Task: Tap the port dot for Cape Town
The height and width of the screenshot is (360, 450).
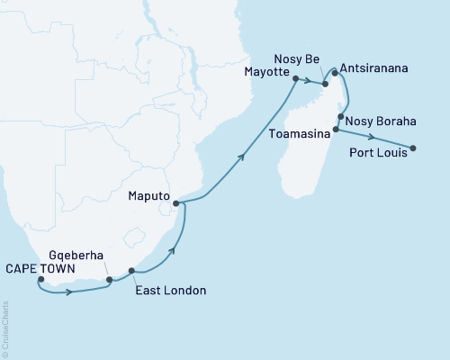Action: pos(40,280)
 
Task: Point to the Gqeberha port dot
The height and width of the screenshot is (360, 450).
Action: pos(110,280)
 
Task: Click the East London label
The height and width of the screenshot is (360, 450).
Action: pos(170,290)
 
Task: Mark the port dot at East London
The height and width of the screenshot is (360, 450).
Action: pos(132,271)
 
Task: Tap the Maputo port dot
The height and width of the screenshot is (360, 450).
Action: pos(176,203)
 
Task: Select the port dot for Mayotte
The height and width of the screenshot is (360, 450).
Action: pos(295,79)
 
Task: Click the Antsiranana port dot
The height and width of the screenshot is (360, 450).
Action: pos(335,73)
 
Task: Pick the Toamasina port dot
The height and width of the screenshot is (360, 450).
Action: pos(336,130)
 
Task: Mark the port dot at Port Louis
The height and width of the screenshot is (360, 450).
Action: pos(413,148)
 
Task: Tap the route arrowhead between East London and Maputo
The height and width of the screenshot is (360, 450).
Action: pos(171,249)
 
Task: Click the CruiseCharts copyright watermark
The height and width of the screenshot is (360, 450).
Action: pos(4,328)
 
